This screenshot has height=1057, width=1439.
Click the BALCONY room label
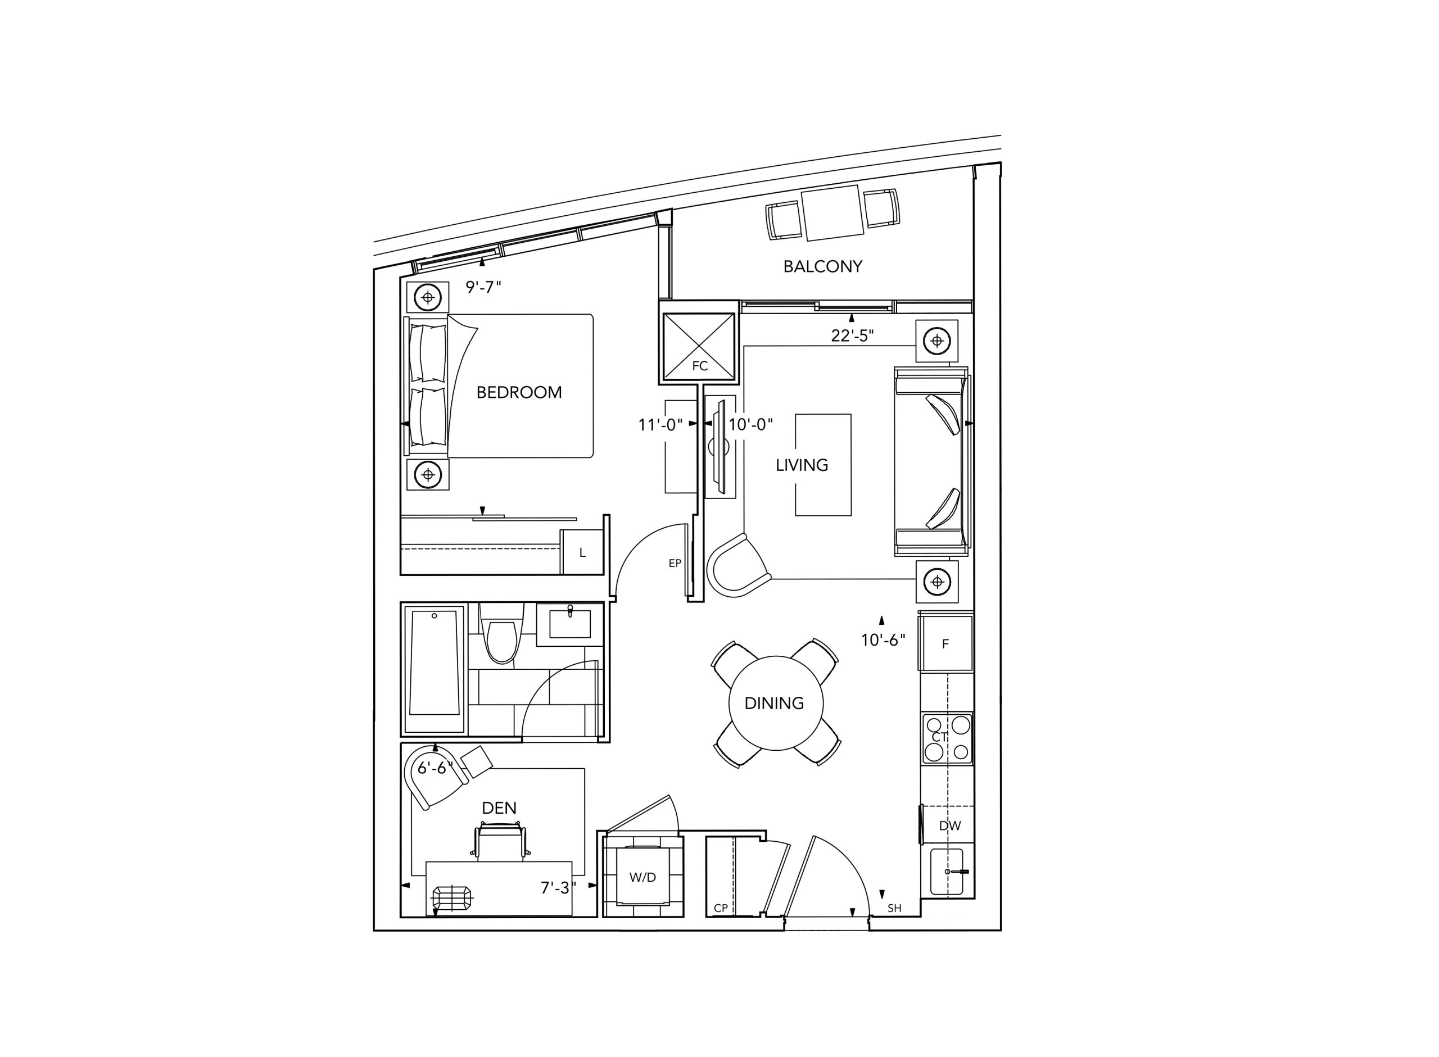pos(823,266)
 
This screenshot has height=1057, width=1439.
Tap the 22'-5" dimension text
pos(852,335)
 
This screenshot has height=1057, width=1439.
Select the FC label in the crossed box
pos(700,366)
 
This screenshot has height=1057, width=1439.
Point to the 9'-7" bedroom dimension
pos(483,287)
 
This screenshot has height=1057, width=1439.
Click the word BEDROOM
pos(519,392)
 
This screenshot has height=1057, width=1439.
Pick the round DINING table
pos(776,703)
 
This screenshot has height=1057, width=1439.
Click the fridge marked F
pos(945,643)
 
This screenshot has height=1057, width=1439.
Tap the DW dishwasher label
pos(949,826)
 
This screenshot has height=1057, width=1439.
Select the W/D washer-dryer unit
pos(643,877)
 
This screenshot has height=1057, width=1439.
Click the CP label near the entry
pos(721,908)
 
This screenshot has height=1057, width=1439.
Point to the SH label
pos(894,908)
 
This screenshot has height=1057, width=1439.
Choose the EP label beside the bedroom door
pos(675,564)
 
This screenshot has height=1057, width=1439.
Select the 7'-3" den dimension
pos(558,888)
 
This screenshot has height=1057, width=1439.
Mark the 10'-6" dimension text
pos(883,640)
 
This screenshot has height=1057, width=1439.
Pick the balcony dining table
pos(832,213)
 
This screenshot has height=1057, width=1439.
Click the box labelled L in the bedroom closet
pos(582,551)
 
